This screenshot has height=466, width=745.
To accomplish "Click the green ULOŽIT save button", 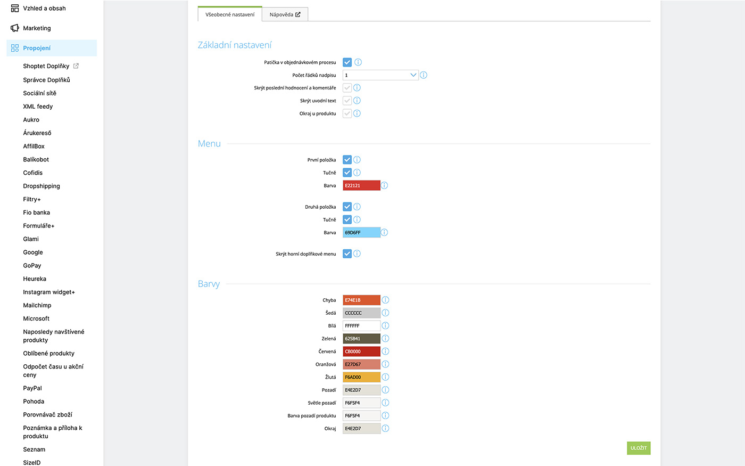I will tap(638, 448).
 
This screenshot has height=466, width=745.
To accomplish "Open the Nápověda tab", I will tap(285, 14).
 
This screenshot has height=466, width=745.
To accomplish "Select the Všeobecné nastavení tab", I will tap(230, 14).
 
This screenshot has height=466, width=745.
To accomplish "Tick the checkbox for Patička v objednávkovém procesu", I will tap(347, 62).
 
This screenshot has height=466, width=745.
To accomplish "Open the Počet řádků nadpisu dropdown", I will tap(380, 75).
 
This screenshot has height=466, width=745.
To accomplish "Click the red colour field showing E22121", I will tap(361, 185).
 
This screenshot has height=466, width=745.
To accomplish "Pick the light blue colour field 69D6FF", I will tap(361, 232).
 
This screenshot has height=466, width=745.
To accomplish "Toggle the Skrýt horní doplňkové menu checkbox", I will tap(347, 254).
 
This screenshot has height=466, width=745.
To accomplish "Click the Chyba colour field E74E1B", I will tap(361, 300).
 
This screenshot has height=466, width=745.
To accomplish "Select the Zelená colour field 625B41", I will tap(361, 338).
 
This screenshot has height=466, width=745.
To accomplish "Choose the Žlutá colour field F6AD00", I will tap(361, 377).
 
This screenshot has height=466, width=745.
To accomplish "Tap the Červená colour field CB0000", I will tap(361, 351).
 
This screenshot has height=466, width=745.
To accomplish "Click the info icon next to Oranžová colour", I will tap(385, 364).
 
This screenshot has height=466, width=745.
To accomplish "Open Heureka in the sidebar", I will tap(35, 279).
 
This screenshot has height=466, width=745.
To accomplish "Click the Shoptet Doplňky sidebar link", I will tap(46, 66).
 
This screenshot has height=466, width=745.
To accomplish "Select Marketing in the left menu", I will tap(37, 28).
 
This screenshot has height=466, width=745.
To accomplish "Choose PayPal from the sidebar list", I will tap(32, 388).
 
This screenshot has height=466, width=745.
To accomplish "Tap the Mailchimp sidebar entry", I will tap(37, 305).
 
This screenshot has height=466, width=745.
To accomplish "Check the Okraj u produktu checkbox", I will tap(347, 113).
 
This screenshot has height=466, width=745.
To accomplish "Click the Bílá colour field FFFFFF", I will tap(361, 325).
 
